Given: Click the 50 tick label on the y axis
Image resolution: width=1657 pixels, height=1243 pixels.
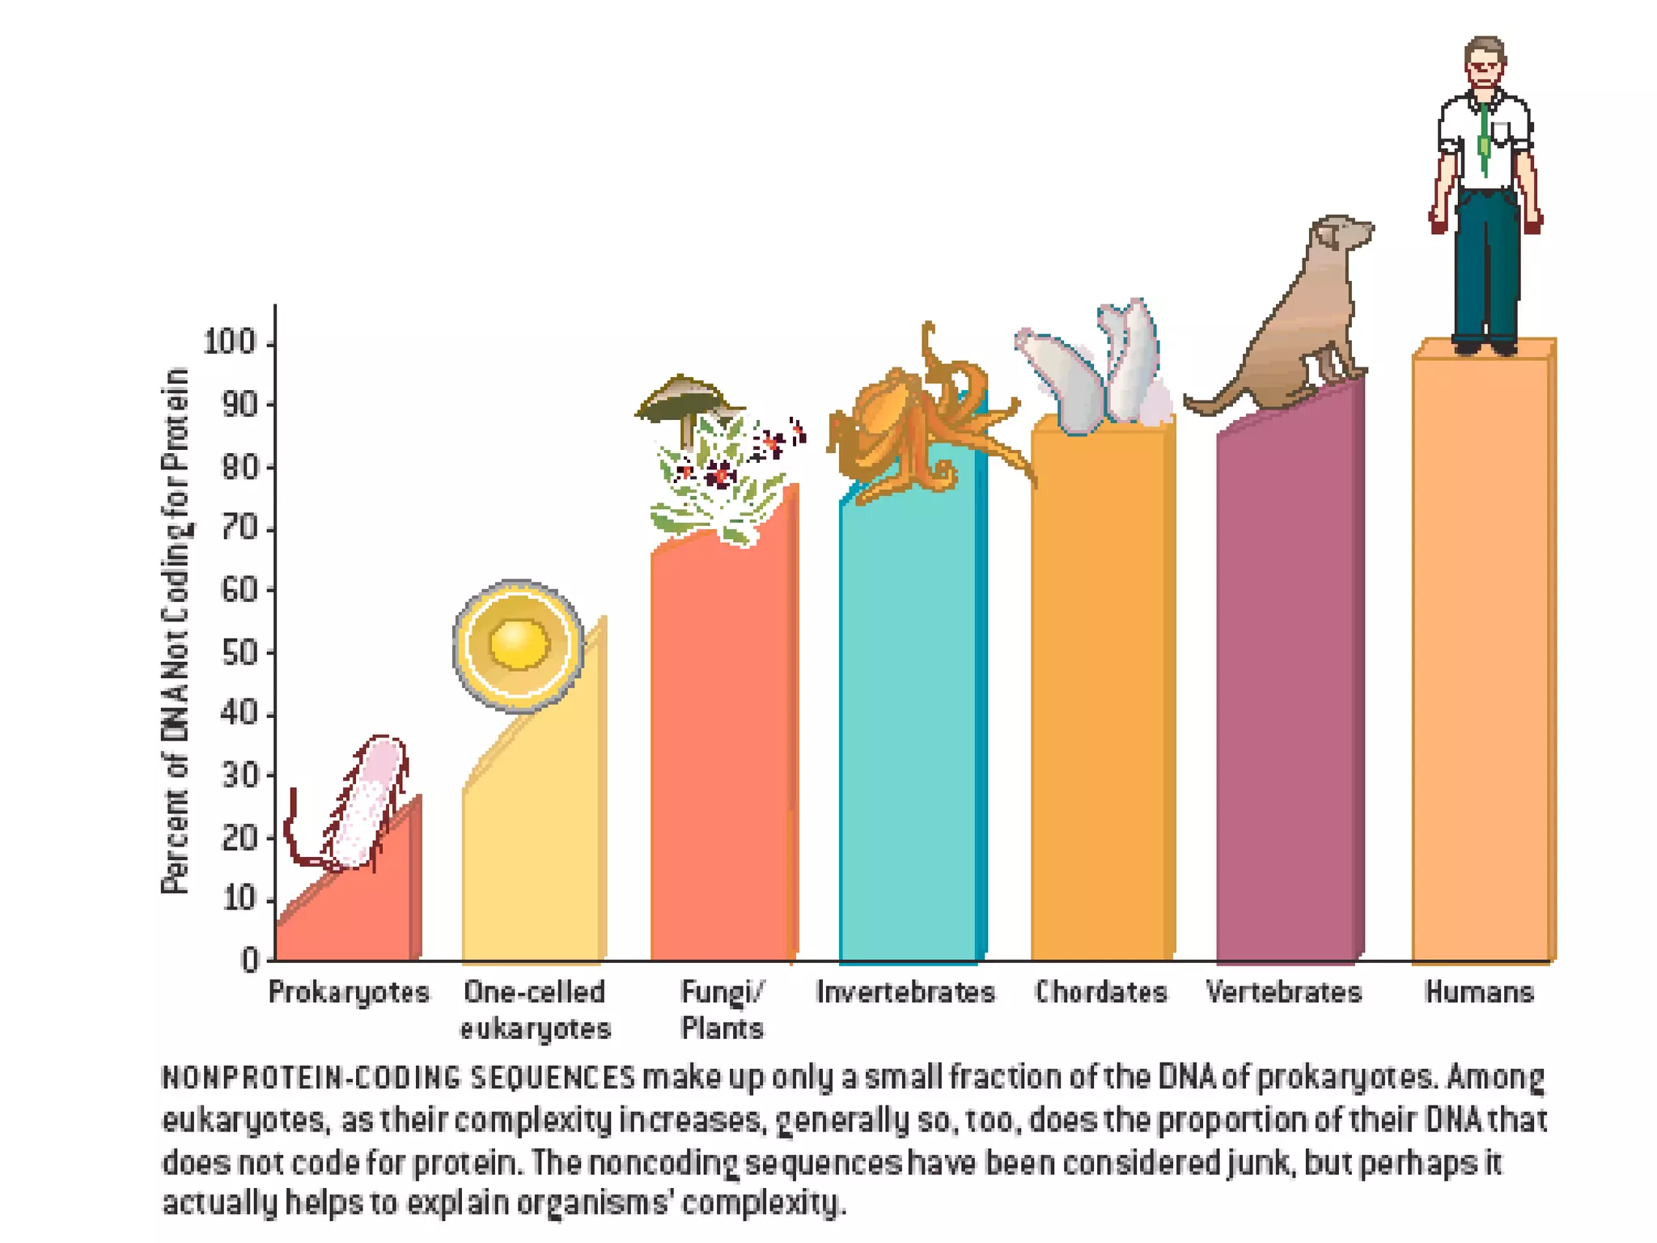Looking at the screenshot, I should pyautogui.click(x=238, y=653).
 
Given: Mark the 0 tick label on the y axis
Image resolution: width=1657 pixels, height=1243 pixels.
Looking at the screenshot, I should pyautogui.click(x=250, y=961).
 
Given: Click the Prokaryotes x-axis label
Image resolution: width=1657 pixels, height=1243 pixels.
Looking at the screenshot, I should pyautogui.click(x=349, y=992).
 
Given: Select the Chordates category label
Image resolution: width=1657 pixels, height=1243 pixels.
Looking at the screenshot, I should pyautogui.click(x=1101, y=992).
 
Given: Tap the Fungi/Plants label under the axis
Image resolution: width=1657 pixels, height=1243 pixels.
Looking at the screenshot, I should pyautogui.click(x=723, y=1010).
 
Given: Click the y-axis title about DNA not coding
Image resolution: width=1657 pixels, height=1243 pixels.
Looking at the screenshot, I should pyautogui.click(x=176, y=631).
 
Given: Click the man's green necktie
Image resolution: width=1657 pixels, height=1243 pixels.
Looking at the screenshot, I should pyautogui.click(x=1485, y=142).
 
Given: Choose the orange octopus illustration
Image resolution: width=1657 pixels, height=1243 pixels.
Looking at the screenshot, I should pyautogui.click(x=914, y=429).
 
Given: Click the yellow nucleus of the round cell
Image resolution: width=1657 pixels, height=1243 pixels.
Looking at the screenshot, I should pyautogui.click(x=519, y=644).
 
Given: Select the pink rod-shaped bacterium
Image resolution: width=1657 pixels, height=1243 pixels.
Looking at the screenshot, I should pyautogui.click(x=368, y=801).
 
